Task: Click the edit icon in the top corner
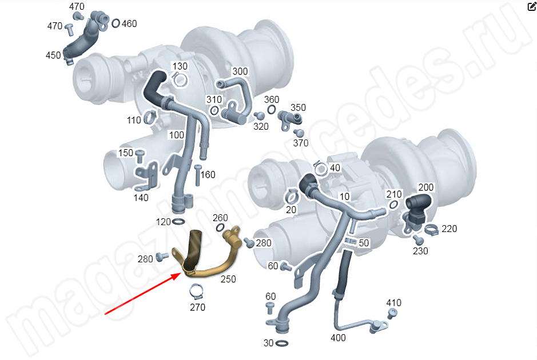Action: point(532,6)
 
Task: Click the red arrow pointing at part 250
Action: point(143,293)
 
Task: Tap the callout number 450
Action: point(53,55)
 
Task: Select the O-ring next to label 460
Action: point(116,23)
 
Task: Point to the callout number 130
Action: point(180,66)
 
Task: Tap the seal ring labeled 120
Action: point(178,222)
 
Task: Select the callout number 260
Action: point(220,218)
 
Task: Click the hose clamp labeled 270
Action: point(196,291)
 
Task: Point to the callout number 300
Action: point(240,71)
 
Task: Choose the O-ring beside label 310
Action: point(214,110)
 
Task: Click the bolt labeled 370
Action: point(299,133)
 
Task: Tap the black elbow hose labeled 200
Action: point(418,203)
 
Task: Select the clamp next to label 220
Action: point(431,230)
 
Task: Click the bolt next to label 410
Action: point(392,313)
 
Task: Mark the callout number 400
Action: point(338,338)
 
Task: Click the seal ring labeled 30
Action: point(281,343)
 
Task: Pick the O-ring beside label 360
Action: point(271,110)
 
